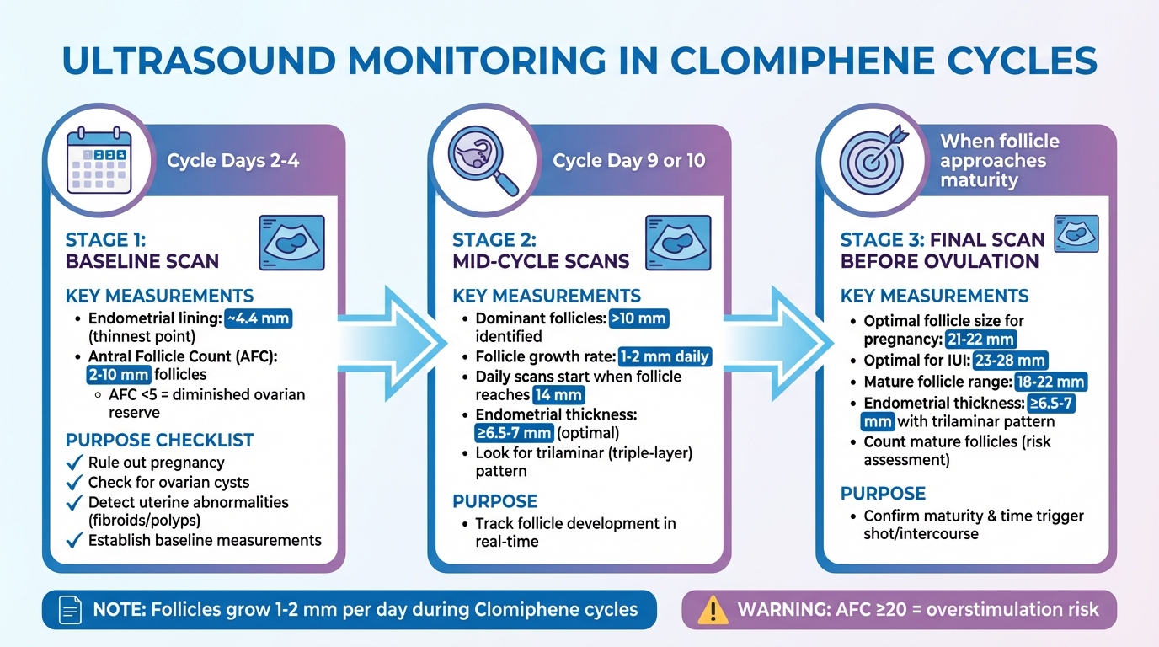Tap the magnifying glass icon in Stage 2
pos(485,161)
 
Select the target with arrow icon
pos(873,160)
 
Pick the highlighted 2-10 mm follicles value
pos(118,375)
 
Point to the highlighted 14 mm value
pos(557,394)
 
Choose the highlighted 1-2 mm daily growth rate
pos(665,356)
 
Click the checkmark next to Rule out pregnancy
pos(74,463)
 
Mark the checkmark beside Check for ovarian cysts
pos(74,483)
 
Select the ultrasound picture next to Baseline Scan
pos(291,243)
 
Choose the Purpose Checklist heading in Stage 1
pos(159,440)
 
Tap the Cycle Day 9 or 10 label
pos(628,161)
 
